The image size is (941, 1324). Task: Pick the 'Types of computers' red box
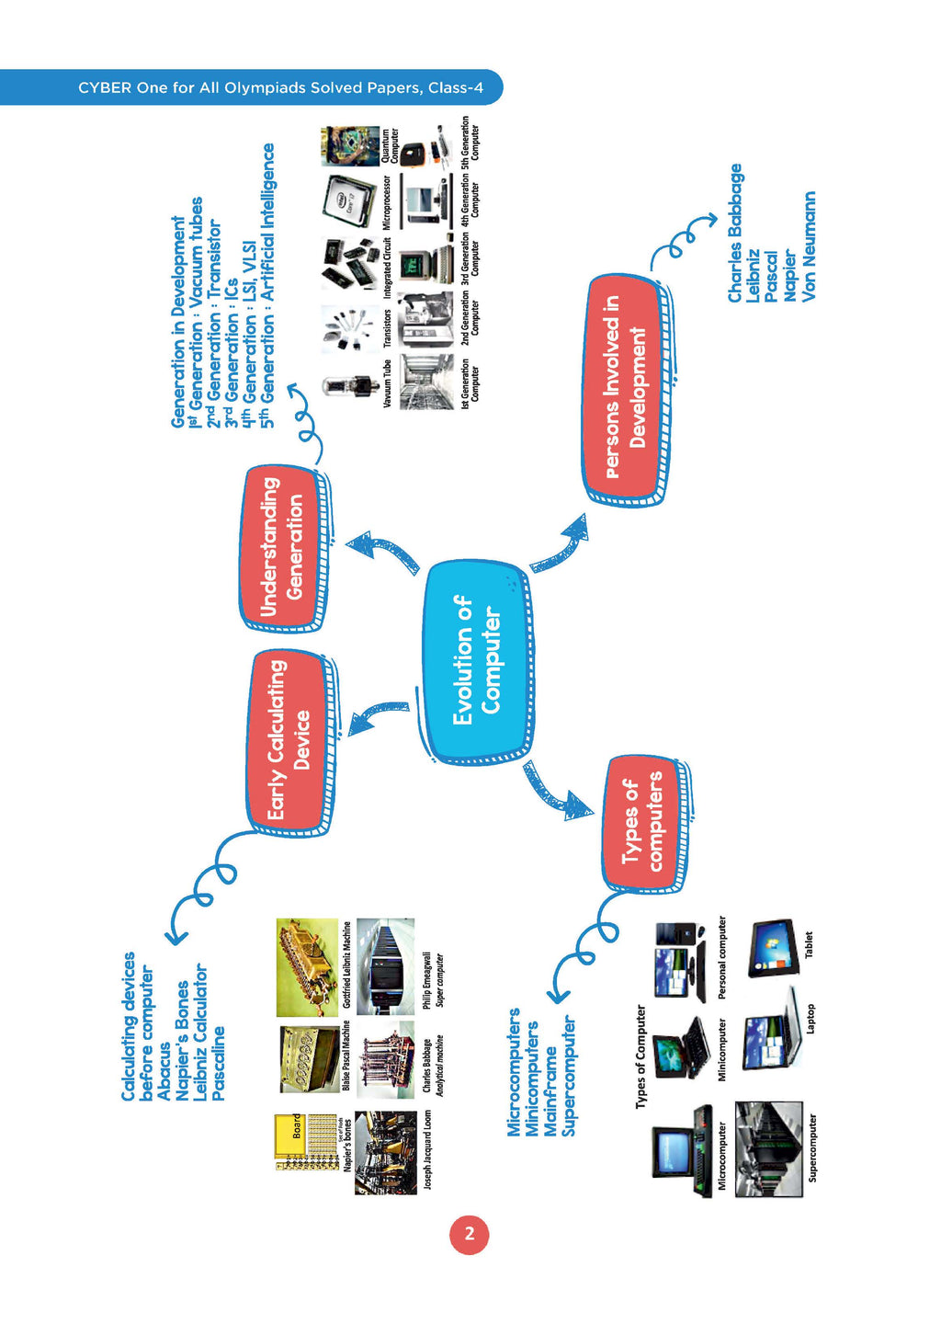pos(642,822)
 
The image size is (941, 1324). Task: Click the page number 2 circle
pos(469,1234)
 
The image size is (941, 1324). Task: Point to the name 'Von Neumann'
pos(809,246)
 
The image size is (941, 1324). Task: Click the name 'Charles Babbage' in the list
pos(734,233)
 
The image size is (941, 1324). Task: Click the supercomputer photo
pos(769,1148)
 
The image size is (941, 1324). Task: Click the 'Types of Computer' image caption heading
pos(641,1056)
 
